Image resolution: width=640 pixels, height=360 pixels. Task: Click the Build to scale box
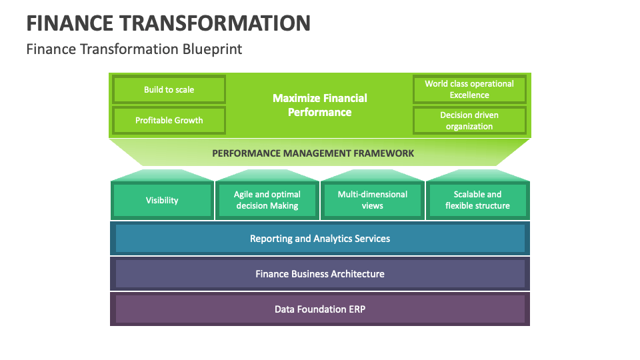(x=169, y=89)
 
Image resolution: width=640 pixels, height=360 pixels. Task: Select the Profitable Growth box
(x=169, y=121)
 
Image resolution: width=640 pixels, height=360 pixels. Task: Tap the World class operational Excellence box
(x=469, y=89)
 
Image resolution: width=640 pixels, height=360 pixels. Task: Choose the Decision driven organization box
(x=469, y=121)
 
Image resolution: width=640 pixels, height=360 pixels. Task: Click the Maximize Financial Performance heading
(x=319, y=105)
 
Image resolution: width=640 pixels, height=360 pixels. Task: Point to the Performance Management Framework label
(x=313, y=153)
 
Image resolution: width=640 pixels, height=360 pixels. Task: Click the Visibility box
(x=162, y=200)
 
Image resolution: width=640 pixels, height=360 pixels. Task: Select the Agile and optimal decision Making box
(x=267, y=200)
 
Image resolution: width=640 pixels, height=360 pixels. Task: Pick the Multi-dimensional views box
(x=372, y=200)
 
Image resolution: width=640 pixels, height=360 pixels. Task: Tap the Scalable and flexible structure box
(x=477, y=200)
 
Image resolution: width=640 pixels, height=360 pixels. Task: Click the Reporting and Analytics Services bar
(x=320, y=239)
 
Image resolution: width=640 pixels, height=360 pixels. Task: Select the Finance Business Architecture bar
(x=320, y=274)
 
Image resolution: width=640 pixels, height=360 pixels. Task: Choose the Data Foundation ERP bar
(x=320, y=309)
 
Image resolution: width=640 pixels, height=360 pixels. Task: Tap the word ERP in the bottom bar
(x=355, y=309)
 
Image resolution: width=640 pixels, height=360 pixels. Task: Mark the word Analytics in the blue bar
(x=328, y=239)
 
